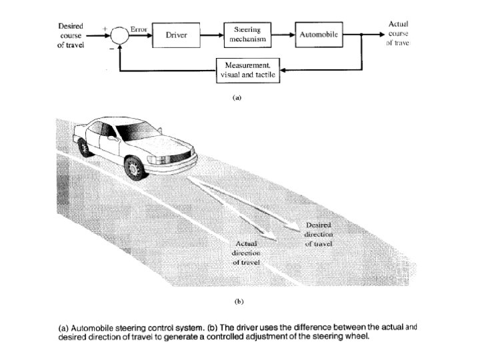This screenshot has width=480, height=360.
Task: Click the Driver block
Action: (x=176, y=34)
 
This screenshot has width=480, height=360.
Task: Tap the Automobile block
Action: (x=319, y=34)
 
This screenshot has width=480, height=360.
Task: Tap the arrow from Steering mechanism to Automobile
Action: (x=283, y=34)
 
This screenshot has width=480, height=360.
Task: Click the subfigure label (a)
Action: (x=235, y=97)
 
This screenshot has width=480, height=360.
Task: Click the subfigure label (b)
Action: (x=238, y=301)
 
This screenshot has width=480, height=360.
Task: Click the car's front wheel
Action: (x=135, y=167)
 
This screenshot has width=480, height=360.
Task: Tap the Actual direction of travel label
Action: (x=247, y=254)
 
